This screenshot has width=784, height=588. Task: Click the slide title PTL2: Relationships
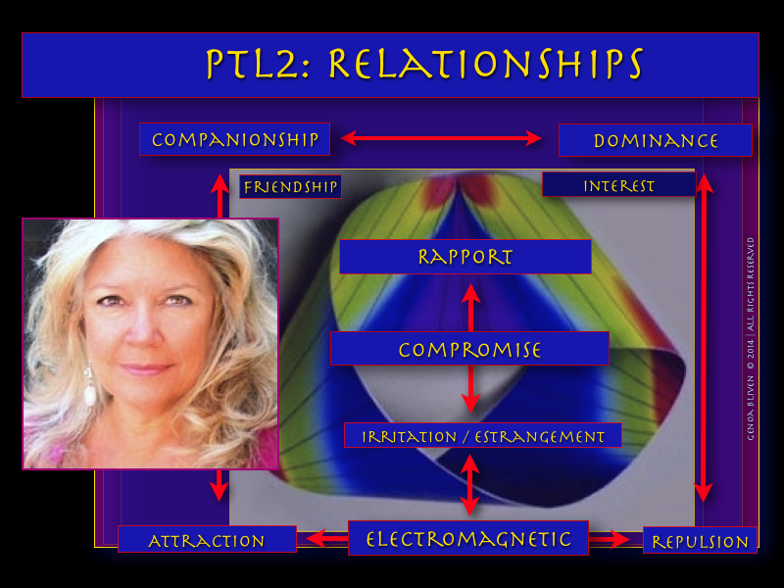click(x=423, y=65)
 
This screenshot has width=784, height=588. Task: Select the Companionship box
click(x=235, y=139)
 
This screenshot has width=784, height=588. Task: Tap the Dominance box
click(x=655, y=140)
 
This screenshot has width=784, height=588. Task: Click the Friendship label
click(x=290, y=186)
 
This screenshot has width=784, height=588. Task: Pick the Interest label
click(x=618, y=185)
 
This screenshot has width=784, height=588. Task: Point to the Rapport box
click(x=465, y=257)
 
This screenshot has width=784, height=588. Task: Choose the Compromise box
click(x=469, y=349)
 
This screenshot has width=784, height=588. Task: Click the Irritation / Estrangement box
click(x=483, y=436)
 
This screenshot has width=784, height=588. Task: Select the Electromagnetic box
click(x=468, y=538)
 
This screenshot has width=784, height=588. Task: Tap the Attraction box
click(x=207, y=540)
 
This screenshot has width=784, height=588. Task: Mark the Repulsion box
click(x=700, y=541)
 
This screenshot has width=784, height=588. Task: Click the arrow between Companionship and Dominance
click(x=441, y=138)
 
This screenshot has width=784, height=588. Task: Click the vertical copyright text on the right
click(x=750, y=337)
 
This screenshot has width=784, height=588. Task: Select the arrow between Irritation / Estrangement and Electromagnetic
click(x=469, y=484)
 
